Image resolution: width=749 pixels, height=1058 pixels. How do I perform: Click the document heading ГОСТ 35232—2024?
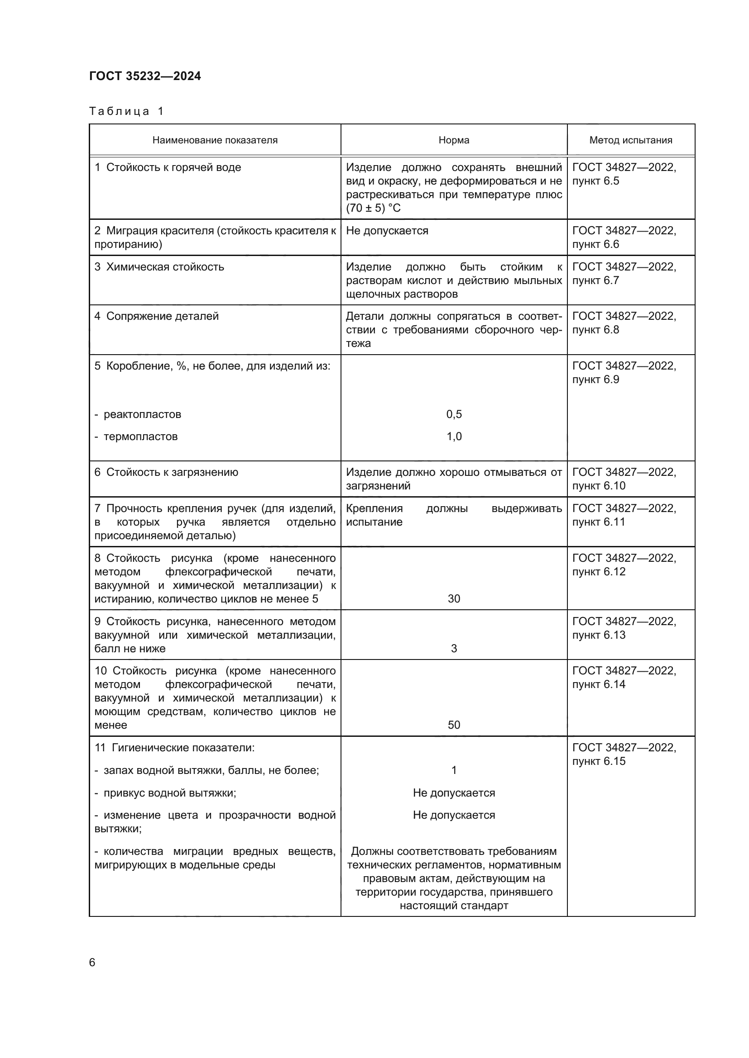click(145, 76)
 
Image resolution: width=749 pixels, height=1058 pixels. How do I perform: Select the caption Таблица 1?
click(126, 111)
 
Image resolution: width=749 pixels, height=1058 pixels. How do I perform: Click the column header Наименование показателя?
click(215, 140)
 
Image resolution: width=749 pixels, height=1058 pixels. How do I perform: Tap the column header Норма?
click(454, 140)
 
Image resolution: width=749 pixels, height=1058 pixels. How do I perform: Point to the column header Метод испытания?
click(630, 140)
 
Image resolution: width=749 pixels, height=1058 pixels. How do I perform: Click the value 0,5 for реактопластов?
click(454, 414)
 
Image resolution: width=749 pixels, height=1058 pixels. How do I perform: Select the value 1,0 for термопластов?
click(454, 436)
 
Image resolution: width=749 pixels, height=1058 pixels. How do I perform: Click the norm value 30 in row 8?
click(454, 598)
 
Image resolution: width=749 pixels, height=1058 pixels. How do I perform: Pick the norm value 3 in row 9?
click(454, 648)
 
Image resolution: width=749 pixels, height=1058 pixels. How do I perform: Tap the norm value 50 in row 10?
click(454, 725)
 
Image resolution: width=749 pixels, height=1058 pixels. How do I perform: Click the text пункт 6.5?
click(595, 181)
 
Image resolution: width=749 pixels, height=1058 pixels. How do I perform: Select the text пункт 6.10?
click(599, 486)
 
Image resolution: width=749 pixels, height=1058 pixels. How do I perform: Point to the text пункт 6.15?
click(599, 761)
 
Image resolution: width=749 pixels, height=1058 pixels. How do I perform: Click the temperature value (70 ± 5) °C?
click(373, 208)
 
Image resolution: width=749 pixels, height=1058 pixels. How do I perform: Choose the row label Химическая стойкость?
click(165, 267)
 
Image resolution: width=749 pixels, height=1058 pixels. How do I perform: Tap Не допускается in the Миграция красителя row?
click(387, 230)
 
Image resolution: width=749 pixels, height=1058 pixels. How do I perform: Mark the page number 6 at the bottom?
click(92, 962)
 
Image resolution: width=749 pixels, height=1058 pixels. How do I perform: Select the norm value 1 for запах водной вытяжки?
click(454, 770)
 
